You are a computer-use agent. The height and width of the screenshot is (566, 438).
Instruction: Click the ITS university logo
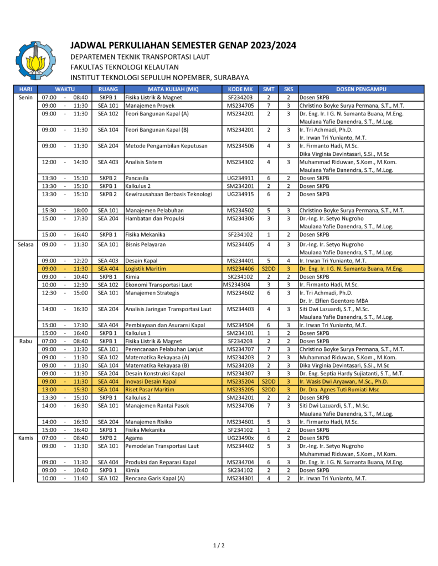[x=36, y=61]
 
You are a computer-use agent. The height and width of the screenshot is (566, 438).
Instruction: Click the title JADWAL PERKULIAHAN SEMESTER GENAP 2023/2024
[x=183, y=45]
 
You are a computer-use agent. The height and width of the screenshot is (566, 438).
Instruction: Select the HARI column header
[x=25, y=89]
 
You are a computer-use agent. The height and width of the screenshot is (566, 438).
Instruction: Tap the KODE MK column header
[x=240, y=89]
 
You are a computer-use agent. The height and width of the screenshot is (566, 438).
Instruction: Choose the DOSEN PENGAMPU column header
[x=361, y=89]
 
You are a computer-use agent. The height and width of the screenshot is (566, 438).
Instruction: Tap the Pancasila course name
[x=139, y=178]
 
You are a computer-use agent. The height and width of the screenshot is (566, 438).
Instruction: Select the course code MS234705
[x=240, y=105]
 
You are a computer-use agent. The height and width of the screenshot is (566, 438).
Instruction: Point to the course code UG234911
[x=240, y=178]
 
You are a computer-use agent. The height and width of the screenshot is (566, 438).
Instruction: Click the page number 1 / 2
[x=219, y=546]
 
